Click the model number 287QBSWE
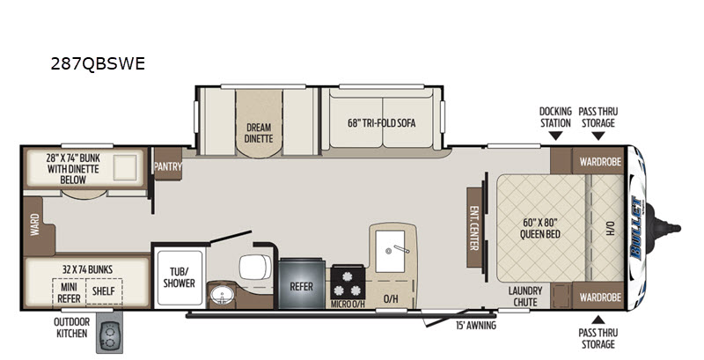pos(98,63)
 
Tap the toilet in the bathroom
pos(255,267)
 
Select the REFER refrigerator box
pos(301,284)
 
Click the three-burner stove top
pos(348,283)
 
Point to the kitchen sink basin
pos(390,251)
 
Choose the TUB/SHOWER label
pos(179,277)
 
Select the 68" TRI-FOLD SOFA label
pos(382,123)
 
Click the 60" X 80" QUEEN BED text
pos(540,228)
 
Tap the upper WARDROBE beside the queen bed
pos(600,161)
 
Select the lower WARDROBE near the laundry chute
pos(600,297)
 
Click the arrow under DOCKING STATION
pos(556,136)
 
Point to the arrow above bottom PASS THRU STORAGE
pos(598,320)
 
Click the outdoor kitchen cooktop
pos(109,337)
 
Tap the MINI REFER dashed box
pos(69,292)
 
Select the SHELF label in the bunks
pos(104,291)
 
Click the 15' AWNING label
pos(476,326)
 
